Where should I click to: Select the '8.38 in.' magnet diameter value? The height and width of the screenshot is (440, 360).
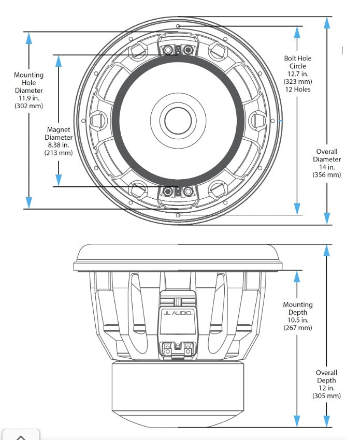pos(59,145)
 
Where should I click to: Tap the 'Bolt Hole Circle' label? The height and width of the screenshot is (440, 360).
pos(298,62)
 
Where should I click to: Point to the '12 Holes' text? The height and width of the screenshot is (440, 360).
pos(298,89)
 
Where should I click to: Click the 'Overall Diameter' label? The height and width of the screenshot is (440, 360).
pos(327,155)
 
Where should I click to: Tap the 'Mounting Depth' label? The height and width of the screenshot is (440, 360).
pos(298,309)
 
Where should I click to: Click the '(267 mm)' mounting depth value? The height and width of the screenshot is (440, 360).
pos(298,328)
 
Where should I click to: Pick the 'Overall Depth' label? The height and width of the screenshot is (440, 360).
pos(327,376)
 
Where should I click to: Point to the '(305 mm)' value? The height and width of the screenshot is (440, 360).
pos(327,395)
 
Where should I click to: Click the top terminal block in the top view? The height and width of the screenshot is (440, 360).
pos(178,50)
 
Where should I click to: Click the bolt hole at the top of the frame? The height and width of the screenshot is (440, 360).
pos(178,25)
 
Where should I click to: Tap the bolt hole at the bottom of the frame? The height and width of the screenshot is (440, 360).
pos(178,215)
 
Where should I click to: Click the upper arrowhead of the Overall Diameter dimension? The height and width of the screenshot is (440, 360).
pos(326,23)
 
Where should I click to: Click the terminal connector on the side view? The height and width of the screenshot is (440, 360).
pos(178,350)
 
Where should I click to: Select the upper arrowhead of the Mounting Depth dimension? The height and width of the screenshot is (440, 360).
pos(297,276)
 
